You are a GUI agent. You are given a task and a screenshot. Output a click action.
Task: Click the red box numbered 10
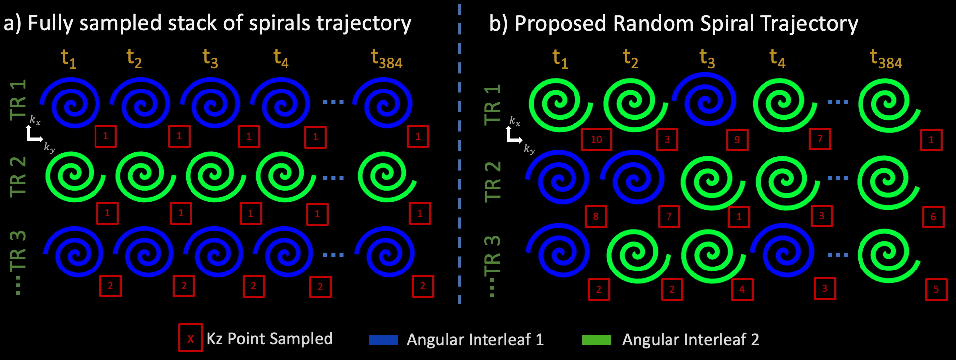point(596,139)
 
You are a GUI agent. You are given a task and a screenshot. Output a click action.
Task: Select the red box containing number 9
point(737,140)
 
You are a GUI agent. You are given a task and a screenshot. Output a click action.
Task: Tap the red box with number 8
point(596,216)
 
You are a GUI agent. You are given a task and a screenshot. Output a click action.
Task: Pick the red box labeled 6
point(933,217)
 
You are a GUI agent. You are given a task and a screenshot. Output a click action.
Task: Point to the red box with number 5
point(936,290)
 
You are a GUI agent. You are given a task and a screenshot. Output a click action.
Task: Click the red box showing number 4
point(742,290)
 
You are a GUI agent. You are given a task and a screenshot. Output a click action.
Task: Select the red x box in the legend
point(191,338)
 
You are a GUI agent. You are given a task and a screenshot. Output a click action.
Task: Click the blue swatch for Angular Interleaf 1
point(383,340)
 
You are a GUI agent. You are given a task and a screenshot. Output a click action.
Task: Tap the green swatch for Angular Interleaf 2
point(596,340)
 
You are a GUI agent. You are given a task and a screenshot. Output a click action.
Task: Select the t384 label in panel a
point(386,59)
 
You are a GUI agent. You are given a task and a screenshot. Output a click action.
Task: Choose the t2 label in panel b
point(630,59)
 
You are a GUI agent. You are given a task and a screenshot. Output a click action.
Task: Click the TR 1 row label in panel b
point(492,104)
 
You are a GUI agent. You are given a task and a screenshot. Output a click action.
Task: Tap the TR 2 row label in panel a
point(18,177)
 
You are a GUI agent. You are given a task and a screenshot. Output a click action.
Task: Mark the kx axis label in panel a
point(35,120)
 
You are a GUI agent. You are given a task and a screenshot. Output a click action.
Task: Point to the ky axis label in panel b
point(529,149)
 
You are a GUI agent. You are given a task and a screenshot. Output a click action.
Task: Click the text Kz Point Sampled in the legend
point(270,339)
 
